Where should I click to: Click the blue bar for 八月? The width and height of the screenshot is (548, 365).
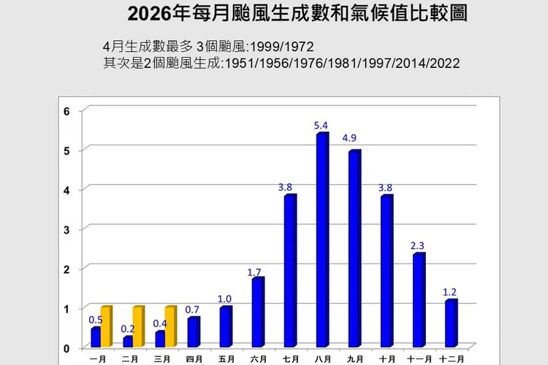point(321,241)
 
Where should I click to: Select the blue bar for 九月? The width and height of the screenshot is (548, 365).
point(354,249)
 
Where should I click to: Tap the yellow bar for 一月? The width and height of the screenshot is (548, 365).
point(106,327)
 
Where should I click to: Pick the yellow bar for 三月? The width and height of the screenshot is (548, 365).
point(170,327)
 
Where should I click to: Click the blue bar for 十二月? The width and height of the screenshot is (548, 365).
point(450,323)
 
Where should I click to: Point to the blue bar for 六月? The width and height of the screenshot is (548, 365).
point(257,312)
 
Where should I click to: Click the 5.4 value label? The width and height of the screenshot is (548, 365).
point(321,126)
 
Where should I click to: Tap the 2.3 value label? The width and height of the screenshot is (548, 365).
point(418,246)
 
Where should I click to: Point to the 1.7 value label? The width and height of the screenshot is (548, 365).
point(254,272)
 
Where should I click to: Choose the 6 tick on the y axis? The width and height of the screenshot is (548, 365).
point(66,112)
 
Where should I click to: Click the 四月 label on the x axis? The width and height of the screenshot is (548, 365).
point(194,358)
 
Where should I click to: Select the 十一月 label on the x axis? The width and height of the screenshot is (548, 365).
point(419,358)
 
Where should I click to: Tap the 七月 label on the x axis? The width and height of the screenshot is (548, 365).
point(290,358)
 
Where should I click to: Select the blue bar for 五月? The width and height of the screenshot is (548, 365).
point(225,327)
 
